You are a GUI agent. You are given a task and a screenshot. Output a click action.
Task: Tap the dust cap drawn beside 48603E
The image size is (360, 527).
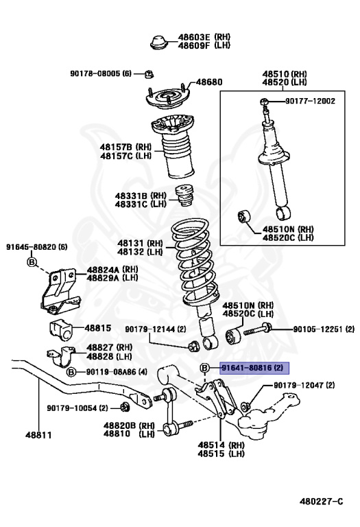tap(160, 42)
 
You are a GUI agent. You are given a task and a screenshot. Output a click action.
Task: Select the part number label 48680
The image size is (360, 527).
tap(209, 82)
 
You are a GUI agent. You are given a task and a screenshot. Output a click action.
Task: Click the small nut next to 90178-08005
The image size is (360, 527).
tap(149, 74)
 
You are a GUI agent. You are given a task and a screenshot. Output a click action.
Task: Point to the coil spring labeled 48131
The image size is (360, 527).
tap(195, 262)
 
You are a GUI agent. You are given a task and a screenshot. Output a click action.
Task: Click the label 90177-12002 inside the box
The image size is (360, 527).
tap(311, 101)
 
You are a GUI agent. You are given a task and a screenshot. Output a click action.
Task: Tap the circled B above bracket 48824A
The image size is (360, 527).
tap(32, 262)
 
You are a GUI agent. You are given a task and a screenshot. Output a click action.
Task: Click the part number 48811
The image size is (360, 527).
tap(38, 435)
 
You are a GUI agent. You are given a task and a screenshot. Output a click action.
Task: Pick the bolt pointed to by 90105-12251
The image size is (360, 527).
tap(257, 329)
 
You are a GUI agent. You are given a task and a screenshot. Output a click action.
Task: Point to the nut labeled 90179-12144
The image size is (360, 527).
tap(194, 346)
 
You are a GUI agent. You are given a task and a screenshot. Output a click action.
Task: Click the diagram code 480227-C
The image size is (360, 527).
tap(322, 502)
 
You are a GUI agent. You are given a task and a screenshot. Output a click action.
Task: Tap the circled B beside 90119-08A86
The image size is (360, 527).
tap(71, 372)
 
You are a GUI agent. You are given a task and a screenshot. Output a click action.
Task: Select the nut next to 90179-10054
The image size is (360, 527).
tap(125, 408)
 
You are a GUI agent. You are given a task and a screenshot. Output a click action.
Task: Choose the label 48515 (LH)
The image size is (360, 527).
tap(221, 454)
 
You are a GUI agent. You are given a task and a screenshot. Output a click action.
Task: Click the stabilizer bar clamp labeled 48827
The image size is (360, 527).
tap(62, 357)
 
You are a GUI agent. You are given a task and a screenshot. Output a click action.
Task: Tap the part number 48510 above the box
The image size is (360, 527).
tap(275, 74)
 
